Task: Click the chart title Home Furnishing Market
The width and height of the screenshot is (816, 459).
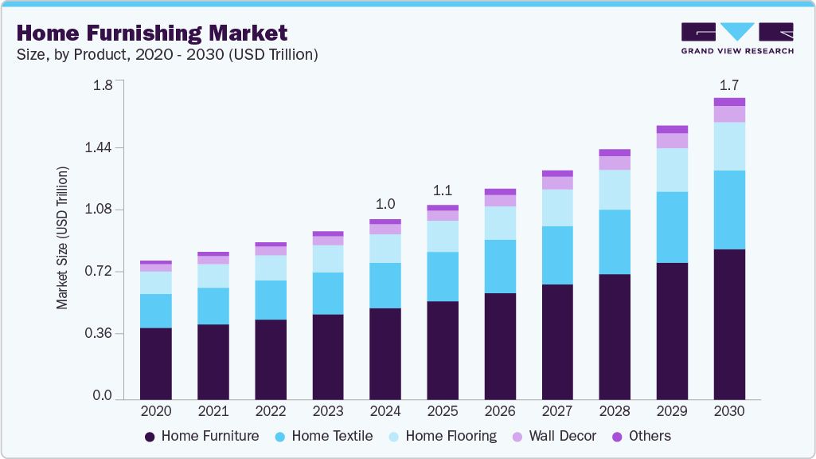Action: (x=151, y=33)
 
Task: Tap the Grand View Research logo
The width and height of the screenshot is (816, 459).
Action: (x=737, y=38)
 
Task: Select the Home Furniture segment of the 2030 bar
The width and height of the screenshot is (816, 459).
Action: (x=729, y=324)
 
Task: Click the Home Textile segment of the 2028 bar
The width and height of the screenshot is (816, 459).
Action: (x=615, y=241)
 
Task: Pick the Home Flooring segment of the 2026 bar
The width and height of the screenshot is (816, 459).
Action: (x=500, y=223)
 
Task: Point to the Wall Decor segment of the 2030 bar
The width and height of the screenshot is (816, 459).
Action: (x=729, y=114)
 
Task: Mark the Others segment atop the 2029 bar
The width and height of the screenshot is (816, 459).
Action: (x=672, y=129)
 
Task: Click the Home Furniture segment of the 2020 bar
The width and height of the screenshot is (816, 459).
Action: (x=156, y=363)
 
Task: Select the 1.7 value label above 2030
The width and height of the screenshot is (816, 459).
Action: (x=729, y=84)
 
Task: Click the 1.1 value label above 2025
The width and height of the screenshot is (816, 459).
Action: (x=443, y=190)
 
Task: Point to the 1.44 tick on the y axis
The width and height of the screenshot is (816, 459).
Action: (x=100, y=148)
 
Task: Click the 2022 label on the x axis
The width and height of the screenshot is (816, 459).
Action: (x=271, y=411)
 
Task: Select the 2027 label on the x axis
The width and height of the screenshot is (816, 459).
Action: (x=557, y=411)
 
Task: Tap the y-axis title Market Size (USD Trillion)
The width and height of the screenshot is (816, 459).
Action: (x=62, y=238)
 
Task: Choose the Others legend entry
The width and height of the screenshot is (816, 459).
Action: (x=649, y=436)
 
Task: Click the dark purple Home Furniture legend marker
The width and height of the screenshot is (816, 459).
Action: (x=150, y=437)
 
